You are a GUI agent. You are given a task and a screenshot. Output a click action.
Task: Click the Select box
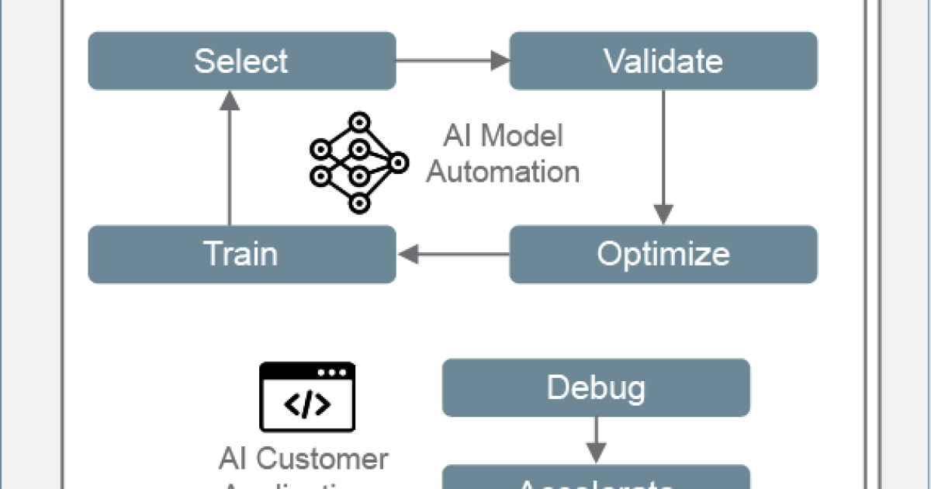[x=241, y=61]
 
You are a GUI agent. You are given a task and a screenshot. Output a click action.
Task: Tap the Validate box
[x=663, y=61]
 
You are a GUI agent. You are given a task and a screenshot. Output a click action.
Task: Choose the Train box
[x=241, y=254]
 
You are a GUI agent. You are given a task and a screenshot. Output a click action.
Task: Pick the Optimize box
[x=663, y=254]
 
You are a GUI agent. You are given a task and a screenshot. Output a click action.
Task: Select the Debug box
[x=595, y=387]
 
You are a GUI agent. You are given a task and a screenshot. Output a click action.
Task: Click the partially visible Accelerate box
[x=595, y=479]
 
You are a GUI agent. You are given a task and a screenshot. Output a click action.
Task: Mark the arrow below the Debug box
[x=595, y=440]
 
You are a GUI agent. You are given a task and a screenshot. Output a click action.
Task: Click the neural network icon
[x=358, y=162]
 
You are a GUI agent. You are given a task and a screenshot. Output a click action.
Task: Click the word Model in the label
[x=523, y=137]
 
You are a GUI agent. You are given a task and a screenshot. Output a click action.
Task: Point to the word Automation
[x=503, y=172]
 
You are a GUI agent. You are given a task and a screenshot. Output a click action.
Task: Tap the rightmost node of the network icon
[x=399, y=162]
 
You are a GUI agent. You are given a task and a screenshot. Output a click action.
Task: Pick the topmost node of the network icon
[x=358, y=121]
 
